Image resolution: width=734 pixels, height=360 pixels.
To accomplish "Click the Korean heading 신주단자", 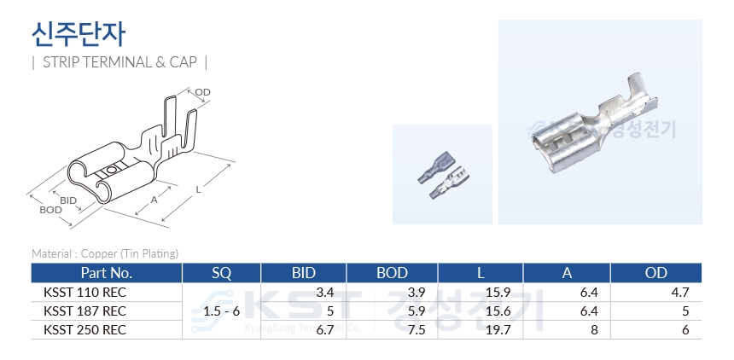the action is [79, 34].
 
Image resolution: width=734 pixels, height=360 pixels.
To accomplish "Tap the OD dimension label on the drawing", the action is [202, 92].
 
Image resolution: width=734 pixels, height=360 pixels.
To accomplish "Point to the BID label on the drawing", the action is [68, 200].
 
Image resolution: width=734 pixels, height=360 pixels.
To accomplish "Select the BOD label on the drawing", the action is [50, 210].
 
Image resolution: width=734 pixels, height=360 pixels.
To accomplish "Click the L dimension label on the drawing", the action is [199, 189].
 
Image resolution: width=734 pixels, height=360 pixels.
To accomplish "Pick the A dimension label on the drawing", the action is [154, 200].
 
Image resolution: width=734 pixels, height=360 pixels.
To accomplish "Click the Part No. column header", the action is [107, 273].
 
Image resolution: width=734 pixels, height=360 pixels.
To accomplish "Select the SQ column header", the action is [221, 273].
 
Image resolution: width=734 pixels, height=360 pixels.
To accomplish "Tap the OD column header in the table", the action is [655, 273].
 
